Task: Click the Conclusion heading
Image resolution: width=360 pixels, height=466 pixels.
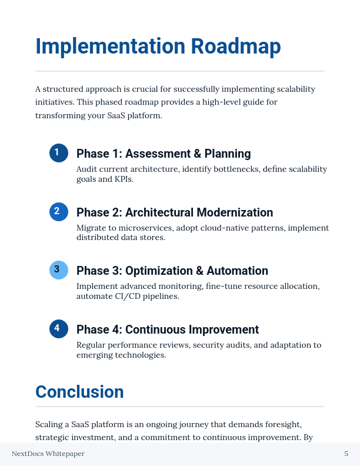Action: [79, 392]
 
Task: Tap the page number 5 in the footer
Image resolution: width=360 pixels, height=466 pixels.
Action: [346, 454]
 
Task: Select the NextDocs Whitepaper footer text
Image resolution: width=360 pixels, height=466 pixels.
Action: [48, 454]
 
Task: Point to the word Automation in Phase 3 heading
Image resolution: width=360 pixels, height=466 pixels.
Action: [236, 271]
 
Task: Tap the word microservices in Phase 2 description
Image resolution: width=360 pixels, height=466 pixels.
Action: [138, 228]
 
